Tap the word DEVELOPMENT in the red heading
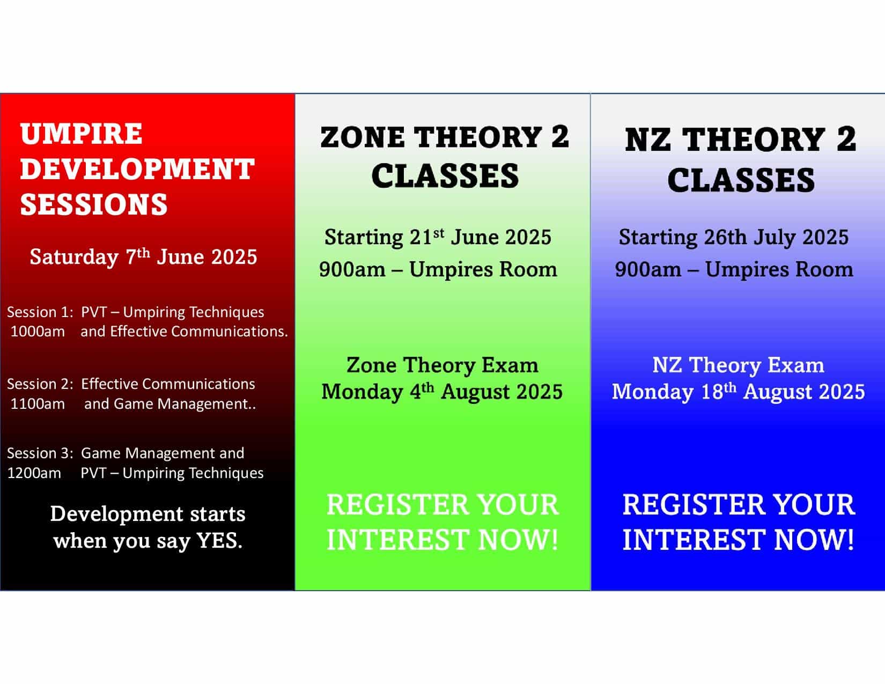pyautogui.click(x=137, y=168)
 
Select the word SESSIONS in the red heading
pyautogui.click(x=94, y=204)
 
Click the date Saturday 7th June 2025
pyautogui.click(x=143, y=256)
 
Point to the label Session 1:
pyautogui.click(x=40, y=312)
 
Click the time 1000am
pyautogui.click(x=38, y=332)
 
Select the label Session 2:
pyautogui.click(x=40, y=384)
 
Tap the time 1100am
pyautogui.click(x=38, y=404)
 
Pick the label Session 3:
pyautogui.click(x=40, y=453)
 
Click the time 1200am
pyautogui.click(x=34, y=473)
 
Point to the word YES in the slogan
pyautogui.click(x=219, y=541)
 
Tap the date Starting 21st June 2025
pyautogui.click(x=438, y=237)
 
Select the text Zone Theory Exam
pyautogui.click(x=442, y=365)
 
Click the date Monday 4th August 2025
pyautogui.click(x=442, y=392)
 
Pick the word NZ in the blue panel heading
pyautogui.click(x=648, y=139)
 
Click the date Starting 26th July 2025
pyautogui.click(x=734, y=237)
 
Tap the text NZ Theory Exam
pyautogui.click(x=738, y=365)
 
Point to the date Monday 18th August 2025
pyautogui.click(x=738, y=392)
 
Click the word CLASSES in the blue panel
pyautogui.click(x=741, y=180)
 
